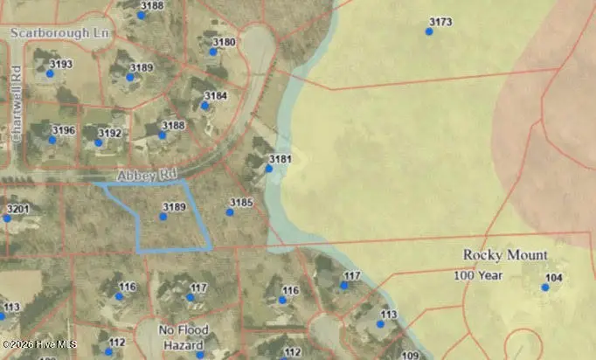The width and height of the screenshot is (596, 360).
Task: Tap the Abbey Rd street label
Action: click(x=126, y=173)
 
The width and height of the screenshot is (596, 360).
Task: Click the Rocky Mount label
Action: click(x=505, y=255)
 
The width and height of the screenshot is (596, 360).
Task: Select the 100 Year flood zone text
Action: click(x=479, y=275)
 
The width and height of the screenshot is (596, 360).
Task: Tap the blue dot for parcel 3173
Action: click(x=429, y=31)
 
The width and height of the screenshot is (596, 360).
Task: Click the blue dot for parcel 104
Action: click(x=545, y=287)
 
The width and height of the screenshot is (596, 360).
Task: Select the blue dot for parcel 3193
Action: click(x=50, y=73)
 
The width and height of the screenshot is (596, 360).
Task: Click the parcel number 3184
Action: click(x=215, y=95)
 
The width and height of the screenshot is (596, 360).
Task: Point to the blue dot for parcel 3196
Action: click(x=52, y=140)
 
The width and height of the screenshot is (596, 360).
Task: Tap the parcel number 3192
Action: click(x=109, y=134)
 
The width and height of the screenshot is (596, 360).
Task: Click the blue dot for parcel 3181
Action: click(x=269, y=169)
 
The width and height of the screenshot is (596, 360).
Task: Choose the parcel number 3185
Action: click(x=241, y=203)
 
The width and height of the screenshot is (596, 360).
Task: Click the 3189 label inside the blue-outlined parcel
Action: click(x=174, y=206)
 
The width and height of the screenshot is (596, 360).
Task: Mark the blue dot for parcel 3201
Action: click(x=7, y=218)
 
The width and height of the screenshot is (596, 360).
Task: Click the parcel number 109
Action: click(x=410, y=355)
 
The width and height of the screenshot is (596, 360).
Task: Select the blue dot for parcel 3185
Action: click(x=230, y=212)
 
